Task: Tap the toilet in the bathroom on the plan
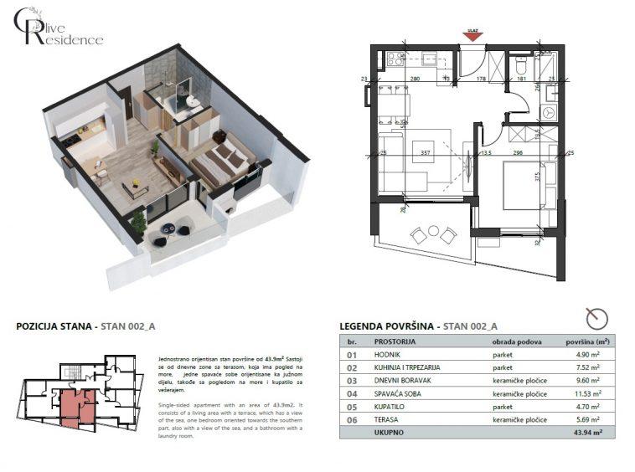[520, 64]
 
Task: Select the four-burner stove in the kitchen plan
[393, 59]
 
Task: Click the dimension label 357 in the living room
[425, 153]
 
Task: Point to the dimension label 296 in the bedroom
[518, 153]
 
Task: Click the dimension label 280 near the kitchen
[414, 80]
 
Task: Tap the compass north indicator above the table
[596, 318]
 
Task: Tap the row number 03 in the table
[353, 381]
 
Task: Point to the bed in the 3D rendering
[222, 159]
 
